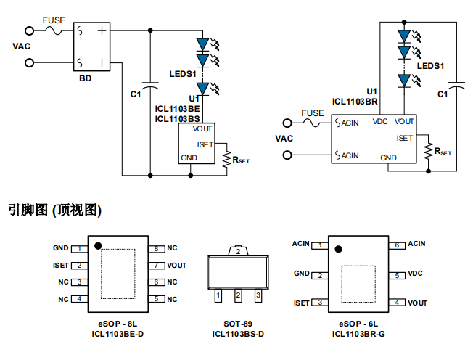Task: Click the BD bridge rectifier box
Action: click(94, 45)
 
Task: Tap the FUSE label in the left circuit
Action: click(53, 20)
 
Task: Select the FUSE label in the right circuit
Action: click(313, 113)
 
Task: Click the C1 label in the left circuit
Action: click(136, 94)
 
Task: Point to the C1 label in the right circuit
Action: click(443, 94)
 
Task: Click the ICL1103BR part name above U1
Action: click(355, 102)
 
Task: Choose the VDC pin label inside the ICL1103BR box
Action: click(380, 122)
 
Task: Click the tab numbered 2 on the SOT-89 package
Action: click(238, 251)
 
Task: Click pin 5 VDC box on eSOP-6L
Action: click(397, 275)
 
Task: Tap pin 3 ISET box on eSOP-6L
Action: click(321, 303)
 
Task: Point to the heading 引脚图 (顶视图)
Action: click(55, 210)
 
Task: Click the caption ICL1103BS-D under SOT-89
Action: click(238, 334)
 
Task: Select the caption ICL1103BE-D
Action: click(118, 334)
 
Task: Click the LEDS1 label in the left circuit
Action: click(183, 74)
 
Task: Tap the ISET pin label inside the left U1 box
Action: click(205, 144)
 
